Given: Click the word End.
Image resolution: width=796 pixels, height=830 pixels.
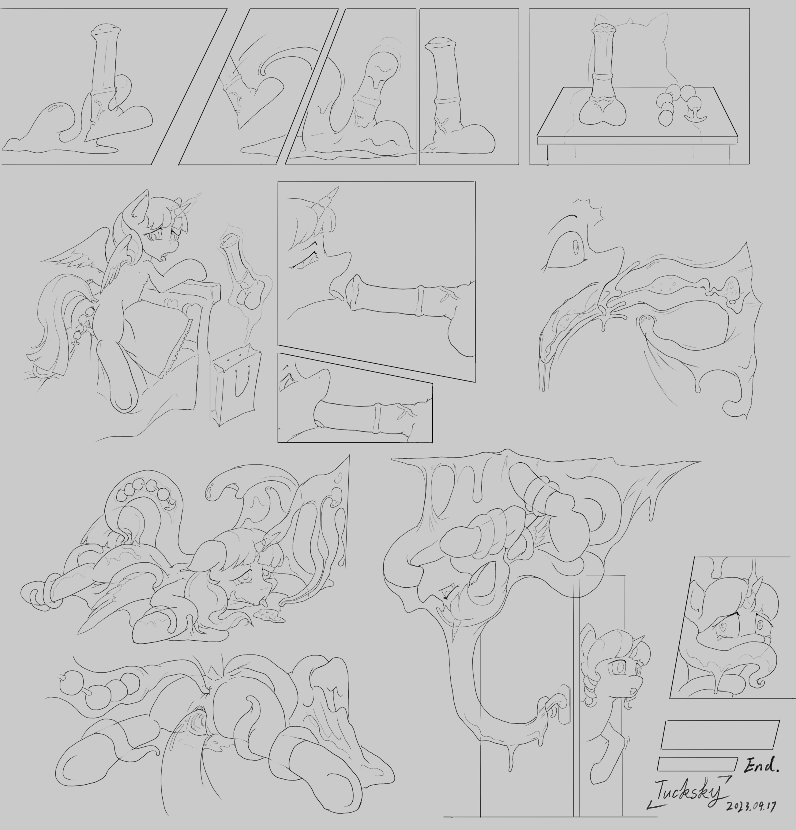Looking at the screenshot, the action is coord(762,765).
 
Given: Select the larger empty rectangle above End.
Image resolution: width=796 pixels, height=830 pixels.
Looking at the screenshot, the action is coord(720,735).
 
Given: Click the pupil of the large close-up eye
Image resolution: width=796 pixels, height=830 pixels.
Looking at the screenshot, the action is coord(576,248).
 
